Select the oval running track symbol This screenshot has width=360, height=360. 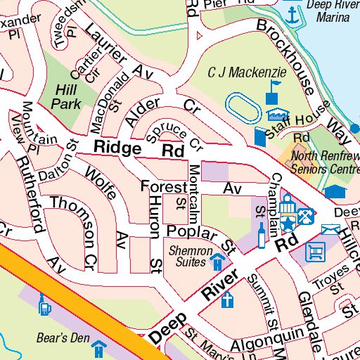pyautogui.click(x=243, y=109)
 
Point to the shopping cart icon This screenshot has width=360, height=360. pyautogui.click(x=315, y=250)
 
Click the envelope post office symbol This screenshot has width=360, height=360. pyautogui.click(x=330, y=229)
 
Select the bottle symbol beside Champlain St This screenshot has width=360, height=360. pyautogui.click(x=262, y=236)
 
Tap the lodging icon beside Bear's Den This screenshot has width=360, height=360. pyautogui.click(x=101, y=347)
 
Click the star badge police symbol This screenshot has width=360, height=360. pyautogui.click(x=288, y=224)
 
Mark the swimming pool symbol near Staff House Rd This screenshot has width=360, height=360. pyautogui.click(x=278, y=115)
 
